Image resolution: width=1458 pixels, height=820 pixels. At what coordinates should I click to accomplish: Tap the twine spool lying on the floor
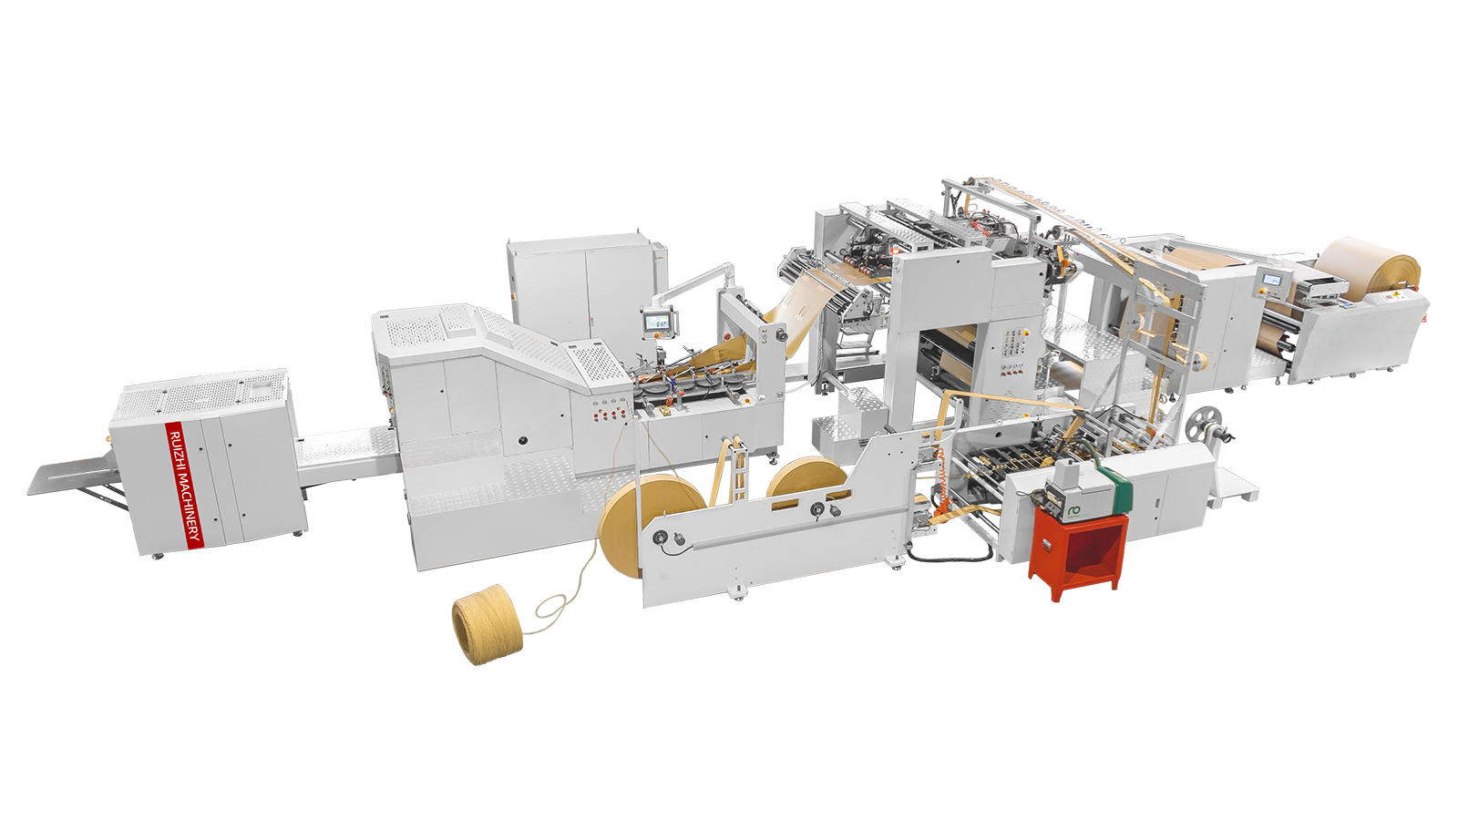coord(488,630)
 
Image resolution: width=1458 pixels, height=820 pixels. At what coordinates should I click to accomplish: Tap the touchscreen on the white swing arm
coord(655,321)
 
